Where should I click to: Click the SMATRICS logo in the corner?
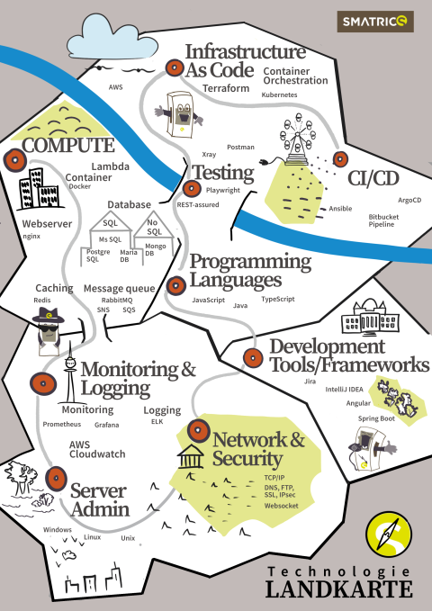[375, 22]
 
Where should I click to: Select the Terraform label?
[226, 88]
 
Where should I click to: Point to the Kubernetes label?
[279, 94]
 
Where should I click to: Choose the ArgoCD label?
[409, 201]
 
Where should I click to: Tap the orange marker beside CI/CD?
[340, 159]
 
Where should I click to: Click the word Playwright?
[223, 191]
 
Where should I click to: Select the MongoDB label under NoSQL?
[156, 250]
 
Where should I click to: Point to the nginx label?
[31, 236]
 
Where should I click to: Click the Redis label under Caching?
[42, 300]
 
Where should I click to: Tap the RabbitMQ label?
[117, 301]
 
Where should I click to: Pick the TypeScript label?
[278, 300]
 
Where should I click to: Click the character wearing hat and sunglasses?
[48, 331]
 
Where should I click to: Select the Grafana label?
[106, 425]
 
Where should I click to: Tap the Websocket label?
[281, 506]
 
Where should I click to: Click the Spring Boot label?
[376, 418]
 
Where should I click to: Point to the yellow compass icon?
[388, 535]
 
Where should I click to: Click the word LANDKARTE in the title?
[339, 589]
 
